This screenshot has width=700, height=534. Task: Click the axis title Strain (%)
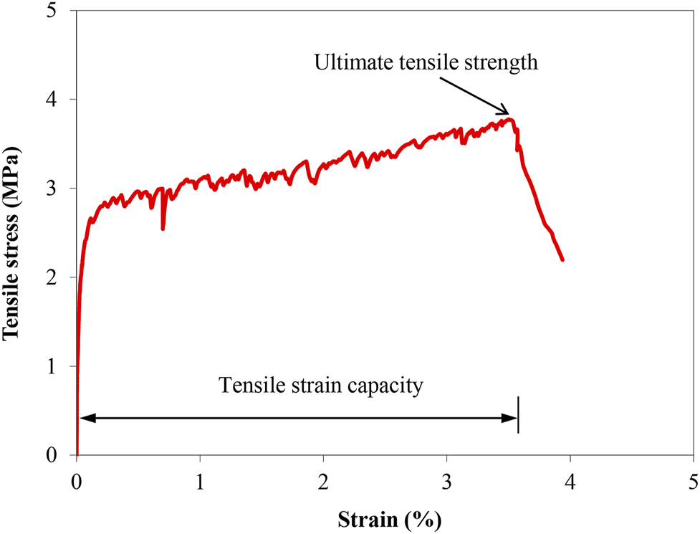coord(385,518)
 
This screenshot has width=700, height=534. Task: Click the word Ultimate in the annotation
coord(349,63)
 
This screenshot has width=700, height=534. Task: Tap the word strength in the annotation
coord(501,63)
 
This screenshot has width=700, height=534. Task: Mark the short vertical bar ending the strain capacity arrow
coord(517,415)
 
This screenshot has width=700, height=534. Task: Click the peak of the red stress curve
coord(509,119)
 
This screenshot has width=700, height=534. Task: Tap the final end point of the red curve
coord(562,259)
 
